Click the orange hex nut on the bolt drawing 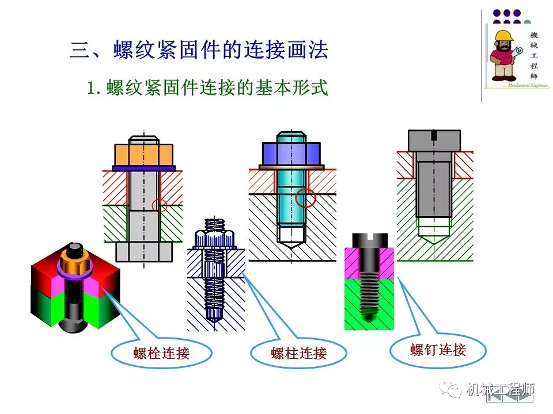tap(144, 154)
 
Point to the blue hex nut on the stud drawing tap(291, 154)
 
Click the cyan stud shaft tap(291, 195)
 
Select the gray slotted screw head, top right tap(434, 140)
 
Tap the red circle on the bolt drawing tap(160, 205)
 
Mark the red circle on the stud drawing tap(306, 197)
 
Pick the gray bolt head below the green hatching tap(143, 251)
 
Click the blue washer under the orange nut tap(144, 168)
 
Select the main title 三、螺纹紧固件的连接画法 tap(199, 50)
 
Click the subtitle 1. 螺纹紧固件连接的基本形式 tap(207, 89)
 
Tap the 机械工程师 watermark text tap(500, 389)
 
